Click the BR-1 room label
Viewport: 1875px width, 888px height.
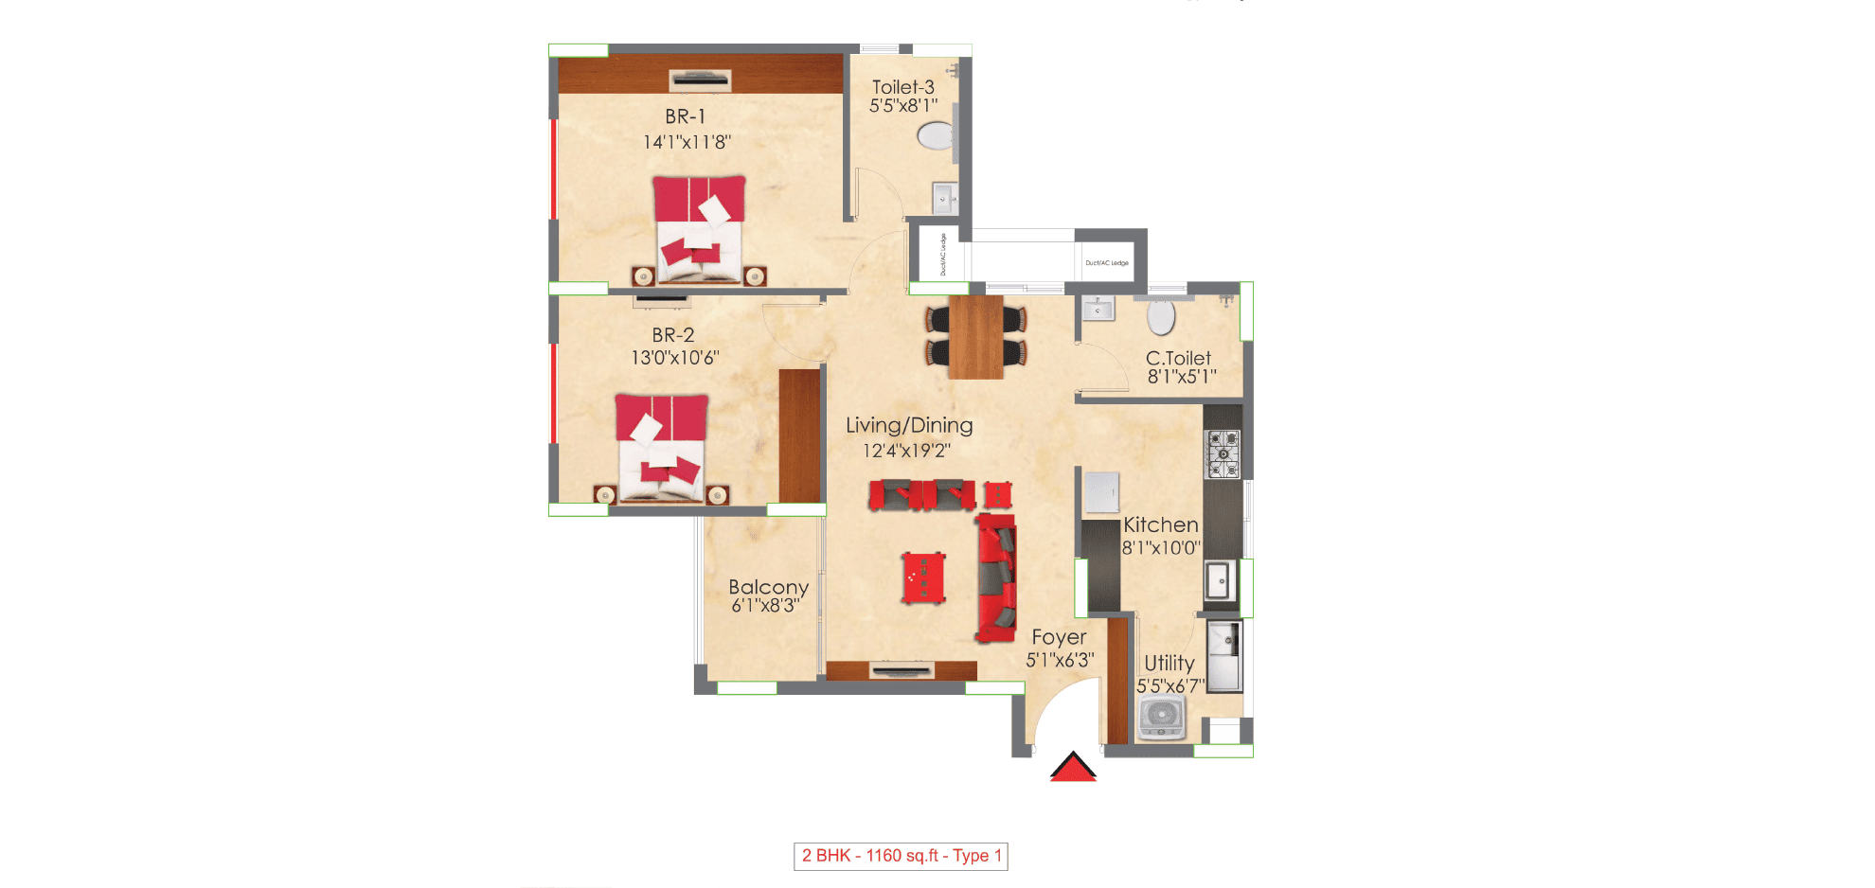coord(685,116)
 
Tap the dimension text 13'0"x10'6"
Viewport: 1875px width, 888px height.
coord(675,358)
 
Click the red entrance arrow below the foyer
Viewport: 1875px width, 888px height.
coord(1073,767)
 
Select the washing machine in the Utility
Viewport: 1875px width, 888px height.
coord(1162,718)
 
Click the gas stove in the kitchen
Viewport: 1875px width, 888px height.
coord(1223,453)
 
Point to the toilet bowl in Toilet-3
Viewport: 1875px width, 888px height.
coord(936,135)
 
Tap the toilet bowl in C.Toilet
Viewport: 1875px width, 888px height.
coord(1161,317)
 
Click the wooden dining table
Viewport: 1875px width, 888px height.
coord(975,337)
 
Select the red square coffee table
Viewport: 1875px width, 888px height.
coord(923,577)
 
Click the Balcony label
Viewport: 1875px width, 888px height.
coord(768,587)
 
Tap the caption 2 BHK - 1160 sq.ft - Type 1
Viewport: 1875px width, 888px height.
coord(901,856)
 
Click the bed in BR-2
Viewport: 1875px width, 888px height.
coord(661,447)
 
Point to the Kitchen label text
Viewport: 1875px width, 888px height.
coord(1160,524)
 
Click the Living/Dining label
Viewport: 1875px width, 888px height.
coord(909,425)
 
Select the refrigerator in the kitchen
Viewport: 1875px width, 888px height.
coord(1101,493)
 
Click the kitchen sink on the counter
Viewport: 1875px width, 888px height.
coord(1219,579)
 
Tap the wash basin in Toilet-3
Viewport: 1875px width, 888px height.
coord(944,199)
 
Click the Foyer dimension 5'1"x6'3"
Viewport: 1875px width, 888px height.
coord(1060,660)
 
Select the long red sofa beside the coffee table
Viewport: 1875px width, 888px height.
coord(996,577)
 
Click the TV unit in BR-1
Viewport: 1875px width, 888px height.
coord(700,80)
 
